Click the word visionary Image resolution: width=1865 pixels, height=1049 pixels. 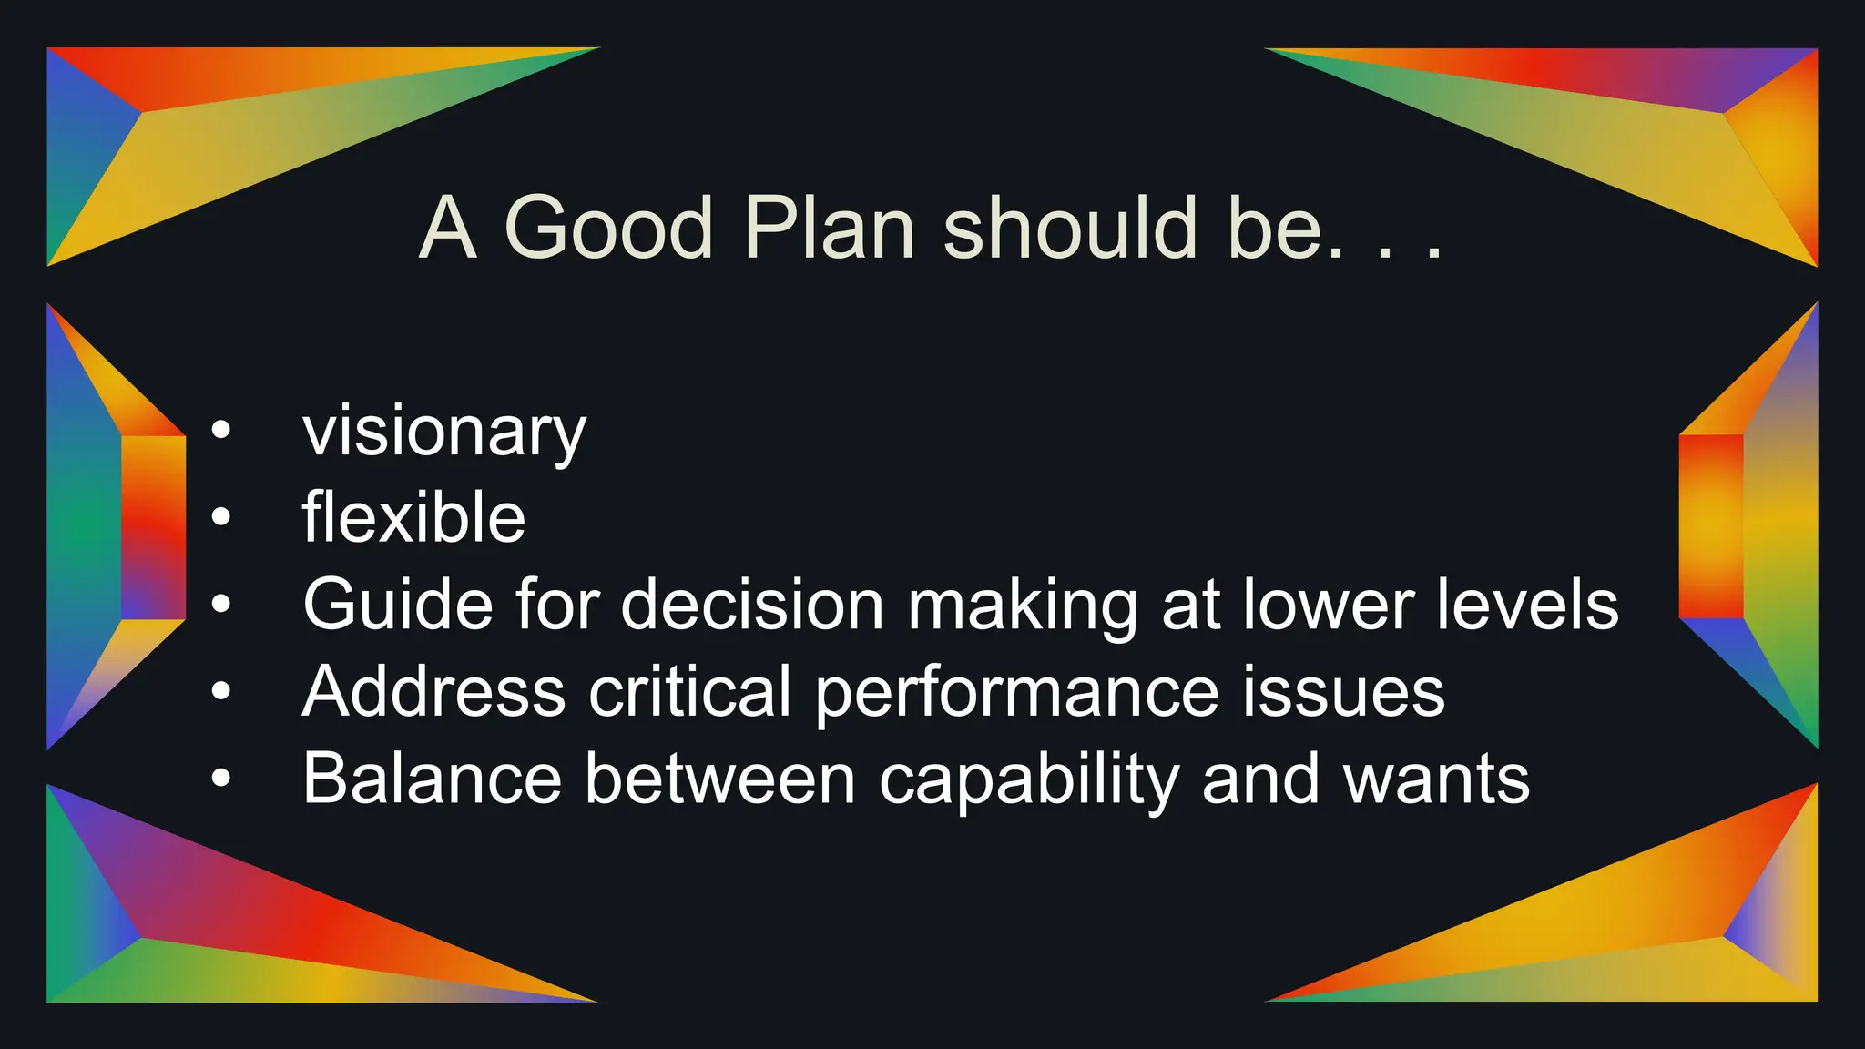pyautogui.click(x=444, y=432)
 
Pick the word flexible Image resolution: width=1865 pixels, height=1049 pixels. pyautogui.click(x=413, y=517)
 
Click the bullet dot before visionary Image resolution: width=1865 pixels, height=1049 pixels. pyautogui.click(x=221, y=430)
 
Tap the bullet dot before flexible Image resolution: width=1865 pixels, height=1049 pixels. pyautogui.click(x=221, y=517)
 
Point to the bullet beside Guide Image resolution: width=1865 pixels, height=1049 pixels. pyautogui.click(x=221, y=604)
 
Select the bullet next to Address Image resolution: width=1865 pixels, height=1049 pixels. pyautogui.click(x=221, y=691)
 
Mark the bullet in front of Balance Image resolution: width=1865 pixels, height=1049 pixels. pyautogui.click(x=221, y=779)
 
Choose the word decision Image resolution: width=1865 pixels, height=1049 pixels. pyautogui.click(x=752, y=604)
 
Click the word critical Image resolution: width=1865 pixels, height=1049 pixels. pyautogui.click(x=690, y=691)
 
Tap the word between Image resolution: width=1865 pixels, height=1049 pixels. pyautogui.click(x=719, y=779)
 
